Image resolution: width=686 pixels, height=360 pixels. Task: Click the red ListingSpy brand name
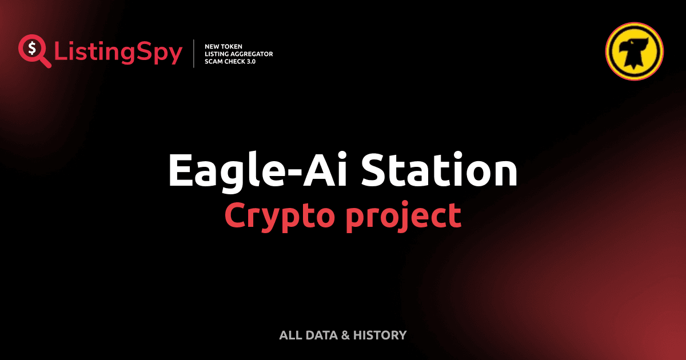coord(118,53)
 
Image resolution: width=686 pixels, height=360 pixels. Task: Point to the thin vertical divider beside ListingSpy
coord(195,54)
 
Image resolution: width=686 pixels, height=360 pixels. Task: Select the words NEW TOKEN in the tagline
coord(224,46)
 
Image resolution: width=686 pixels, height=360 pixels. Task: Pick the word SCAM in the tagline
coord(213,61)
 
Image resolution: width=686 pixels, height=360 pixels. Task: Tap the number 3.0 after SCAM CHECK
coord(249,61)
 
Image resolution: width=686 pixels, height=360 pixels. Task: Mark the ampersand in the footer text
coord(345,335)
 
